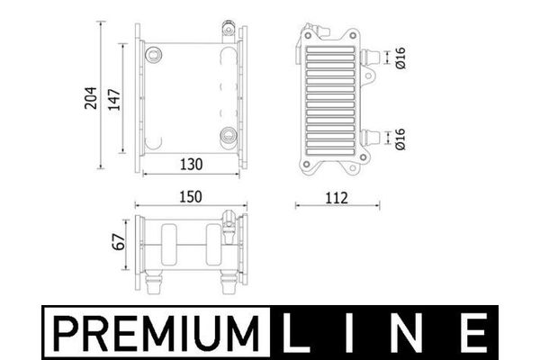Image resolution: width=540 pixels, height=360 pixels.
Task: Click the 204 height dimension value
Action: (91, 98)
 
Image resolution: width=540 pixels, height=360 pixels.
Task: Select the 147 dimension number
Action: (114, 100)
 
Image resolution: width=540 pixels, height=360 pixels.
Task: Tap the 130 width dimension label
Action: (192, 165)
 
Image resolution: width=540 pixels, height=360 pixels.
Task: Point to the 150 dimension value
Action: (191, 197)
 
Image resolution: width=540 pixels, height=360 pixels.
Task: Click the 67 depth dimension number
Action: (119, 242)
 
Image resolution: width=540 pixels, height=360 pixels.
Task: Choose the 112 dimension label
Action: (337, 198)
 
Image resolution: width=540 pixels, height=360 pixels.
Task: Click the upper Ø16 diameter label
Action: (400, 58)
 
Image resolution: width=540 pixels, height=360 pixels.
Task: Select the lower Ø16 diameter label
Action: (400, 139)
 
